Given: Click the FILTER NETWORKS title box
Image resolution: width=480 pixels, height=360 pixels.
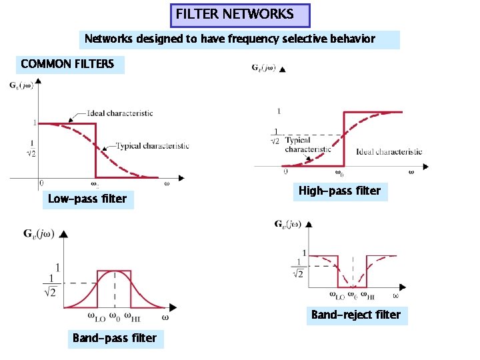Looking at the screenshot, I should (x=241, y=14).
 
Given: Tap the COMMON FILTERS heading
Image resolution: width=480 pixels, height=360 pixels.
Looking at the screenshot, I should (x=67, y=65).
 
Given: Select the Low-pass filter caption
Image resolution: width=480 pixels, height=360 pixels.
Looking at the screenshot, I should (x=87, y=199).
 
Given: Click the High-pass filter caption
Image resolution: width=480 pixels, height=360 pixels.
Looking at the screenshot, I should (x=339, y=191).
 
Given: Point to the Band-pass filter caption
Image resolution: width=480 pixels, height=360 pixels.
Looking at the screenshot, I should (x=114, y=338).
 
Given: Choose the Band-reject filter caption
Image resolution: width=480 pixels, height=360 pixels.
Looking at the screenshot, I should (x=356, y=315).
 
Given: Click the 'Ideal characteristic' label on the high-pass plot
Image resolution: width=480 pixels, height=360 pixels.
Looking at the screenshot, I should (x=389, y=151).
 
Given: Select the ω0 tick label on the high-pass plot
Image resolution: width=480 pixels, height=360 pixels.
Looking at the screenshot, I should (x=339, y=174).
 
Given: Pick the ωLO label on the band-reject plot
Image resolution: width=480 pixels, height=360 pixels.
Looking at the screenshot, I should (x=337, y=294).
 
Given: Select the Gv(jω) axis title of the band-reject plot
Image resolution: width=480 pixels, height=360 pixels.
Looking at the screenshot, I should (x=291, y=225).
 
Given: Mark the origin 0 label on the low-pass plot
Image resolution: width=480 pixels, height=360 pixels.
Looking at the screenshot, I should (x=41, y=182).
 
